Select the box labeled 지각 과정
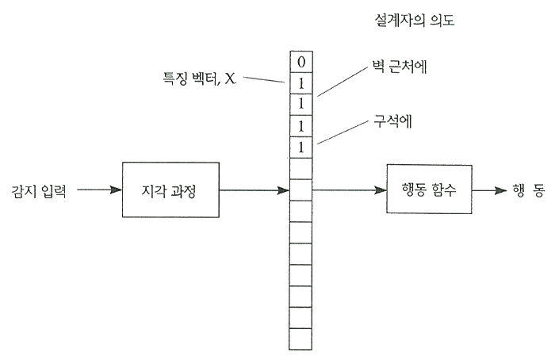coord(170,190)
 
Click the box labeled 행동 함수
coord(429,190)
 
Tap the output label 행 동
coord(528,190)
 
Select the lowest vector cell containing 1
coord(300,147)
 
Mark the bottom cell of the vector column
coord(300,339)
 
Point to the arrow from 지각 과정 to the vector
coord(253,190)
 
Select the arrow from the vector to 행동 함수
coord(349,190)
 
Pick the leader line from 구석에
coord(342,133)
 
